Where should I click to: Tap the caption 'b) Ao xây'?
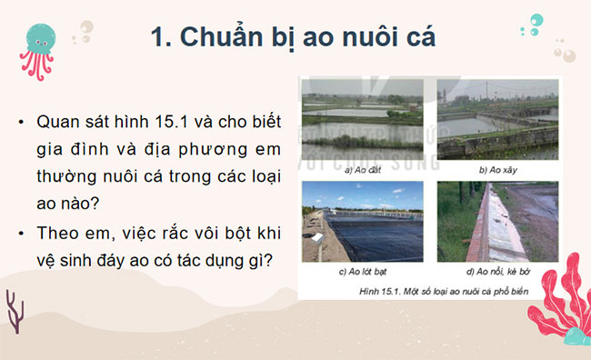pyautogui.click(x=496, y=169)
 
